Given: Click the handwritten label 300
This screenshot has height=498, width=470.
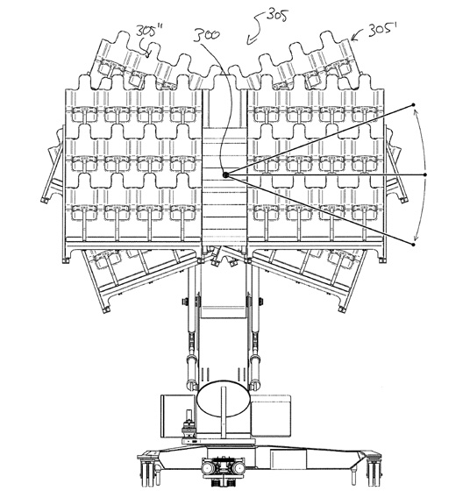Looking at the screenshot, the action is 206,36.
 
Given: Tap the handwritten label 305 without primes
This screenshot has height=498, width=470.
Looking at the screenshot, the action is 277,15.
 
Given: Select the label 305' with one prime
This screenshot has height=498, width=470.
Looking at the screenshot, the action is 383,31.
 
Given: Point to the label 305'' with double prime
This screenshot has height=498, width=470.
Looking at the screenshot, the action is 149,32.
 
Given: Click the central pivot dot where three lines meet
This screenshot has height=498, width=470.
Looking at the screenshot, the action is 225,174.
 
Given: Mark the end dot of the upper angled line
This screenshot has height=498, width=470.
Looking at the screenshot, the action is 413,104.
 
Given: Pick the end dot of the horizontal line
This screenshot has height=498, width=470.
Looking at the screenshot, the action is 425,174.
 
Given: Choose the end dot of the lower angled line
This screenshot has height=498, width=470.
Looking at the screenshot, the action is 413,245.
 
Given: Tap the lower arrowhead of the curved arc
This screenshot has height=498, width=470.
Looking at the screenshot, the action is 415,238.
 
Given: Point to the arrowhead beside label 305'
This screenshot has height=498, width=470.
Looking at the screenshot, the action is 352,39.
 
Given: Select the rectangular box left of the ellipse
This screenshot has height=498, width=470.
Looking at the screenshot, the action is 179,416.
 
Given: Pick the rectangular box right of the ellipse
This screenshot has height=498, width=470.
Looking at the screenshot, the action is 271,416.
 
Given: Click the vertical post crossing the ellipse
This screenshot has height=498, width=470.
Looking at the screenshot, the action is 224,413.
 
